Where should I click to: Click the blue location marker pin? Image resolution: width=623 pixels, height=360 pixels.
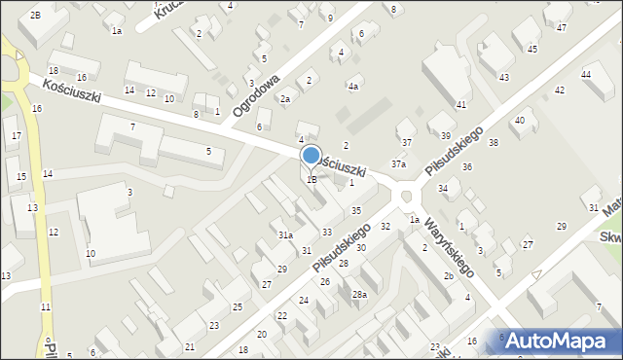(x=311, y=157)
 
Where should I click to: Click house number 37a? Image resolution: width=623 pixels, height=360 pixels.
(x=399, y=164)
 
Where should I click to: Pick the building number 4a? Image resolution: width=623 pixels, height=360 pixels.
(x=353, y=87)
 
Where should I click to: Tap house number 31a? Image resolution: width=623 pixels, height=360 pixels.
(x=285, y=234)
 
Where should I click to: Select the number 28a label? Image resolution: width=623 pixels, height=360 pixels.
(x=359, y=294)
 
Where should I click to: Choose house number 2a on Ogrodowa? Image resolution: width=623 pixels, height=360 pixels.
(x=285, y=98)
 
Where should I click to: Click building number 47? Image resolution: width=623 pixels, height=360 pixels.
(x=561, y=27)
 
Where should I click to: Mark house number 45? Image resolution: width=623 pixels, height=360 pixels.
(x=531, y=48)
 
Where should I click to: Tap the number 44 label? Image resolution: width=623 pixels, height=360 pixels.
(x=586, y=74)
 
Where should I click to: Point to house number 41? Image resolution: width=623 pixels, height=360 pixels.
(x=461, y=104)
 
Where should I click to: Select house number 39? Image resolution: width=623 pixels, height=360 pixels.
(x=445, y=135)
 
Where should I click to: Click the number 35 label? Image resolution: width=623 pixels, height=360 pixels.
(x=357, y=210)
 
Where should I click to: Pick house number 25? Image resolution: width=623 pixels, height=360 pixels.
(x=237, y=307)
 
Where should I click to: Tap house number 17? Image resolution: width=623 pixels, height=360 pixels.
(x=17, y=135)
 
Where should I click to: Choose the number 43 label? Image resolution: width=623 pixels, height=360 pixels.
(x=503, y=77)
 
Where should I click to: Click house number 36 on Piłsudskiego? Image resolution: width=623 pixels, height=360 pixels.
(x=467, y=167)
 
